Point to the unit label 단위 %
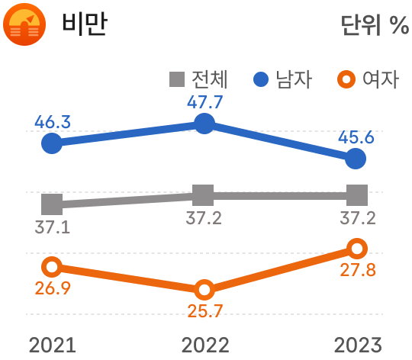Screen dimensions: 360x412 [x=374, y=25]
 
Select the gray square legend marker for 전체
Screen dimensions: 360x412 [x=176, y=79]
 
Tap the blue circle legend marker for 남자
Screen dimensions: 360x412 [x=261, y=79]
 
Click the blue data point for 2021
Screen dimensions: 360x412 [x=52, y=143]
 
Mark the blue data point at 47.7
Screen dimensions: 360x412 [x=204, y=124]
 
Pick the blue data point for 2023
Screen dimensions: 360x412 [x=356, y=159]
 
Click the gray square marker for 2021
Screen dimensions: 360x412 [x=52, y=204]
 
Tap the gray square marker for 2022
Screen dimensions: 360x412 [x=204, y=195]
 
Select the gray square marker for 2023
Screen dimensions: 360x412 [x=356, y=195]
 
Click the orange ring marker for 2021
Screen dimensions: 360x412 [x=52, y=266]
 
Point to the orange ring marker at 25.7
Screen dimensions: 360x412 [x=204, y=289]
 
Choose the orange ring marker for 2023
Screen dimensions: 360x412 [x=356, y=248]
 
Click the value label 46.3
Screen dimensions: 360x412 [x=53, y=121]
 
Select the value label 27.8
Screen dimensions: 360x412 [x=357, y=270]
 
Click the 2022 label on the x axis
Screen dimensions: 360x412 [x=204, y=344]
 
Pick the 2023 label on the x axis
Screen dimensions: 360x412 [x=357, y=344]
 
